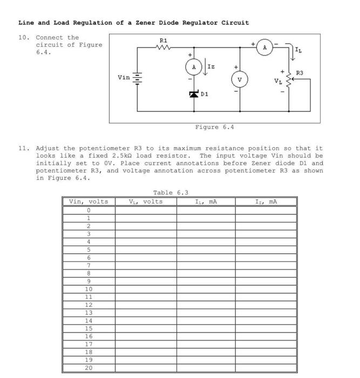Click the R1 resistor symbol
coord(164,48)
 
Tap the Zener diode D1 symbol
coord(194,94)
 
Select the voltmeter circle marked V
coord(240,79)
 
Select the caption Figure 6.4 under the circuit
coord(214,127)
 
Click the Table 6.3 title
coord(171,193)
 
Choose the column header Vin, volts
coord(89,202)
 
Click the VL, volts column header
coord(145,202)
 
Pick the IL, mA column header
coord(206,202)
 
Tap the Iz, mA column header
coord(266,202)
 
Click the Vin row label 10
coord(89,289)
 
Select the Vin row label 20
coord(89,368)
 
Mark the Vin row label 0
coord(89,210)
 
